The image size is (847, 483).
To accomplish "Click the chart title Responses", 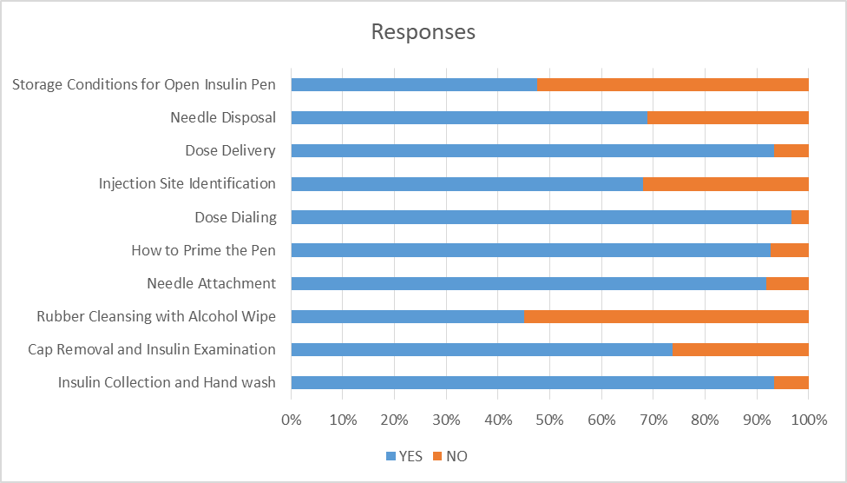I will point(423,32).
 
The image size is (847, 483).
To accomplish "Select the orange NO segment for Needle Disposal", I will point(727,117).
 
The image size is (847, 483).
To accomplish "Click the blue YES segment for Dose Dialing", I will point(541,217).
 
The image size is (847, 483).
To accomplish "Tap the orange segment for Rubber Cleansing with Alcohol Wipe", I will point(666,317).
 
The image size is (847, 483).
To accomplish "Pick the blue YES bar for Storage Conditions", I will point(414,84).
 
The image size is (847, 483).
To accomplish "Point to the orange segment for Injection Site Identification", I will point(726,184).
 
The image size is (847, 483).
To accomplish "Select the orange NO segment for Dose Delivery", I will point(791,150).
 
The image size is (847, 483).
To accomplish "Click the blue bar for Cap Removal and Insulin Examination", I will point(482,350).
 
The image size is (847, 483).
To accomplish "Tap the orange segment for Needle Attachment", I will point(787,284).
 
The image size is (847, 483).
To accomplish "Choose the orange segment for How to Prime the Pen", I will point(789,250).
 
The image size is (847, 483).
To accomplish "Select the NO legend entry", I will point(450,456).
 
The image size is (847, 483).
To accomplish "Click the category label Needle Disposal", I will point(223,117).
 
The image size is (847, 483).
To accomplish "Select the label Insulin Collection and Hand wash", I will point(167,383).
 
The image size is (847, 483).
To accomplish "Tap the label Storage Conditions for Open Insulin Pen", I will point(144,84).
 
